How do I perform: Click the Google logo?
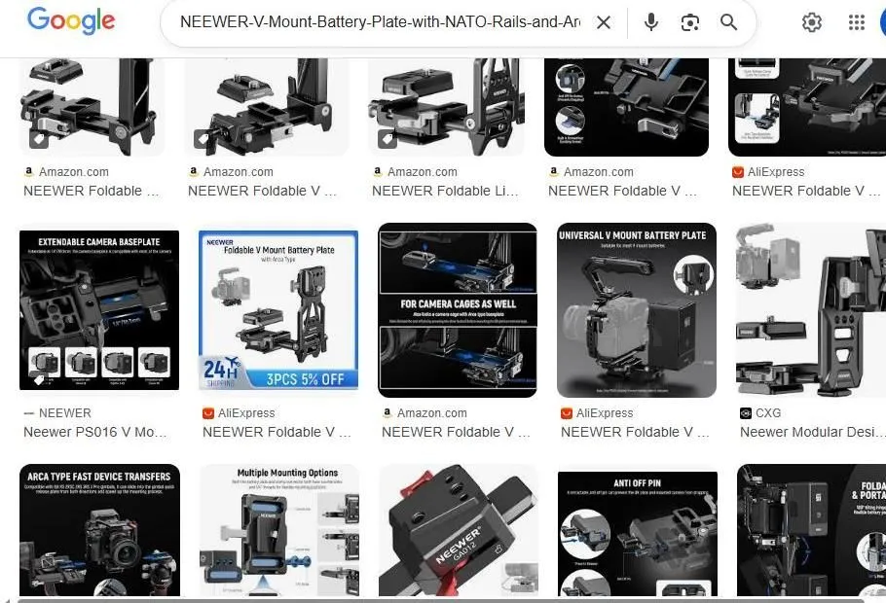pos(70,21)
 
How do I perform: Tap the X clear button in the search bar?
pos(604,22)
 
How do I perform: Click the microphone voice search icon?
pos(650,22)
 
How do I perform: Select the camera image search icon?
pos(690,22)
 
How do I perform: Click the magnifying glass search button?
pos(728,22)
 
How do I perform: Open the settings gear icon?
pos(811,22)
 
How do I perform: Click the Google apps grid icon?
pos(857,22)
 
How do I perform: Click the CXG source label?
pos(767,413)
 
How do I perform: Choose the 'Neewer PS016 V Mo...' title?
pos(95,432)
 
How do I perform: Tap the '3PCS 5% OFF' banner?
pos(302,378)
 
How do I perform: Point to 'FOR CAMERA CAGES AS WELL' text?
pos(457,303)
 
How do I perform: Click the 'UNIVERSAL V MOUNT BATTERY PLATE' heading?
pos(632,235)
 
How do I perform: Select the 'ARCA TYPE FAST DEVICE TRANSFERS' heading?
pos(99,477)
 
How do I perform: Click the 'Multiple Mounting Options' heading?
pos(279,474)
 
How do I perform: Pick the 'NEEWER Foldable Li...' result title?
pos(445,191)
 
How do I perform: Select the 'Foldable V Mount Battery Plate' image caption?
pos(283,250)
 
